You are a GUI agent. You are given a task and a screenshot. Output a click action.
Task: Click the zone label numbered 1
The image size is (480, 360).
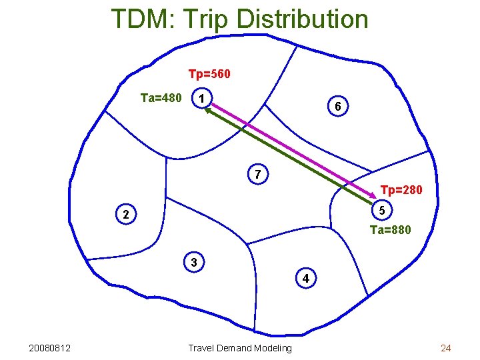(x=200, y=99)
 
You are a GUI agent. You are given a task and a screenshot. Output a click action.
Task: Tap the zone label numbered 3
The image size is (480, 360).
(x=193, y=263)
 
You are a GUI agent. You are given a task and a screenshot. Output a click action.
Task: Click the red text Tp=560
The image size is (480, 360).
(x=209, y=73)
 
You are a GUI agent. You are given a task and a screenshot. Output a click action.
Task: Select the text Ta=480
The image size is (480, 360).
(x=161, y=99)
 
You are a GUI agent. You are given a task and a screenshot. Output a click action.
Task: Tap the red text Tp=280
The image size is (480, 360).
(x=401, y=191)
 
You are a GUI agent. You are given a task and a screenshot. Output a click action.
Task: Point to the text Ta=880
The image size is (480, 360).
(x=390, y=230)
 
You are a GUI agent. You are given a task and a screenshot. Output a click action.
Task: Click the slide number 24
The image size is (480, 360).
(x=446, y=348)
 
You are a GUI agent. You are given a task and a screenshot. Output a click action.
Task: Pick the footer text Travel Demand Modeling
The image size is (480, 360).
(x=240, y=348)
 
